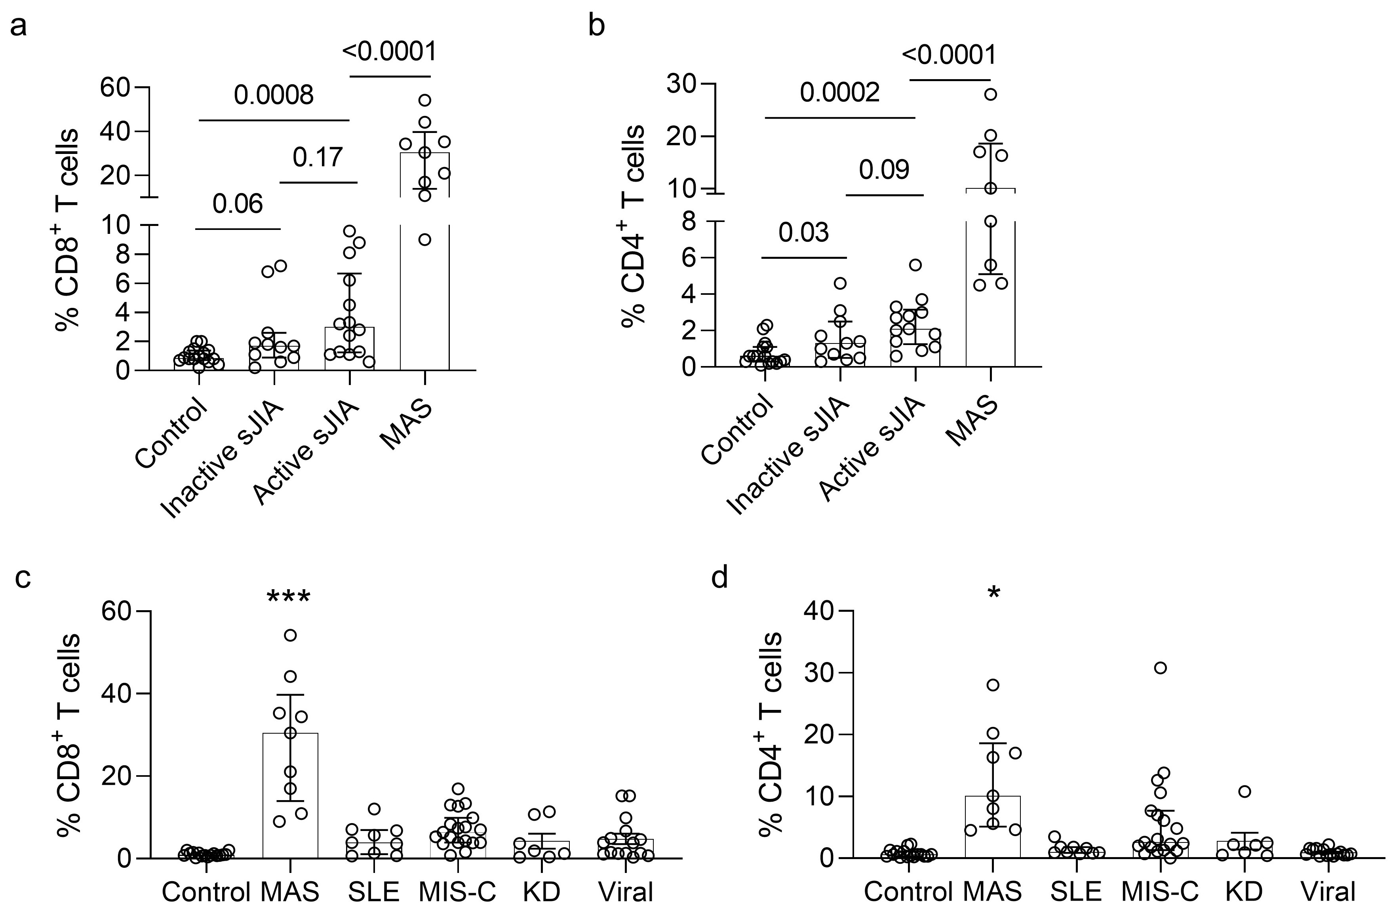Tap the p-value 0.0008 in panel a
pos(274,95)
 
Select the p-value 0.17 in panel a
pos(318,157)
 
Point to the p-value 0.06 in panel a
pos(238,204)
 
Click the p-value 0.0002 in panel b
pos(839,93)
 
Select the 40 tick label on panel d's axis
pos(818,611)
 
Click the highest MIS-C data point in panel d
pos(1160,668)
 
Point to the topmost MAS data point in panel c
pos(290,635)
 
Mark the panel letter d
pos(719,579)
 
